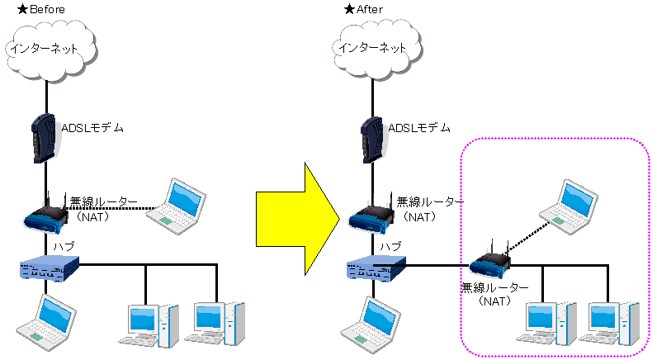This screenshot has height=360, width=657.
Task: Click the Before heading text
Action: click(x=40, y=9)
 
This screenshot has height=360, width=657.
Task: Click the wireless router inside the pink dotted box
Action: click(x=490, y=263)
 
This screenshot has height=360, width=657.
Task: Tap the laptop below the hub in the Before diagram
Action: click(x=45, y=319)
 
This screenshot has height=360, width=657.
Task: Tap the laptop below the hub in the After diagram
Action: click(x=371, y=319)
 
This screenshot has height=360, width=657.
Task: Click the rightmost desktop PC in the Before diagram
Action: click(x=219, y=323)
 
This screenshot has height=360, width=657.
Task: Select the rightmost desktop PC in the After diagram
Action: click(x=613, y=323)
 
